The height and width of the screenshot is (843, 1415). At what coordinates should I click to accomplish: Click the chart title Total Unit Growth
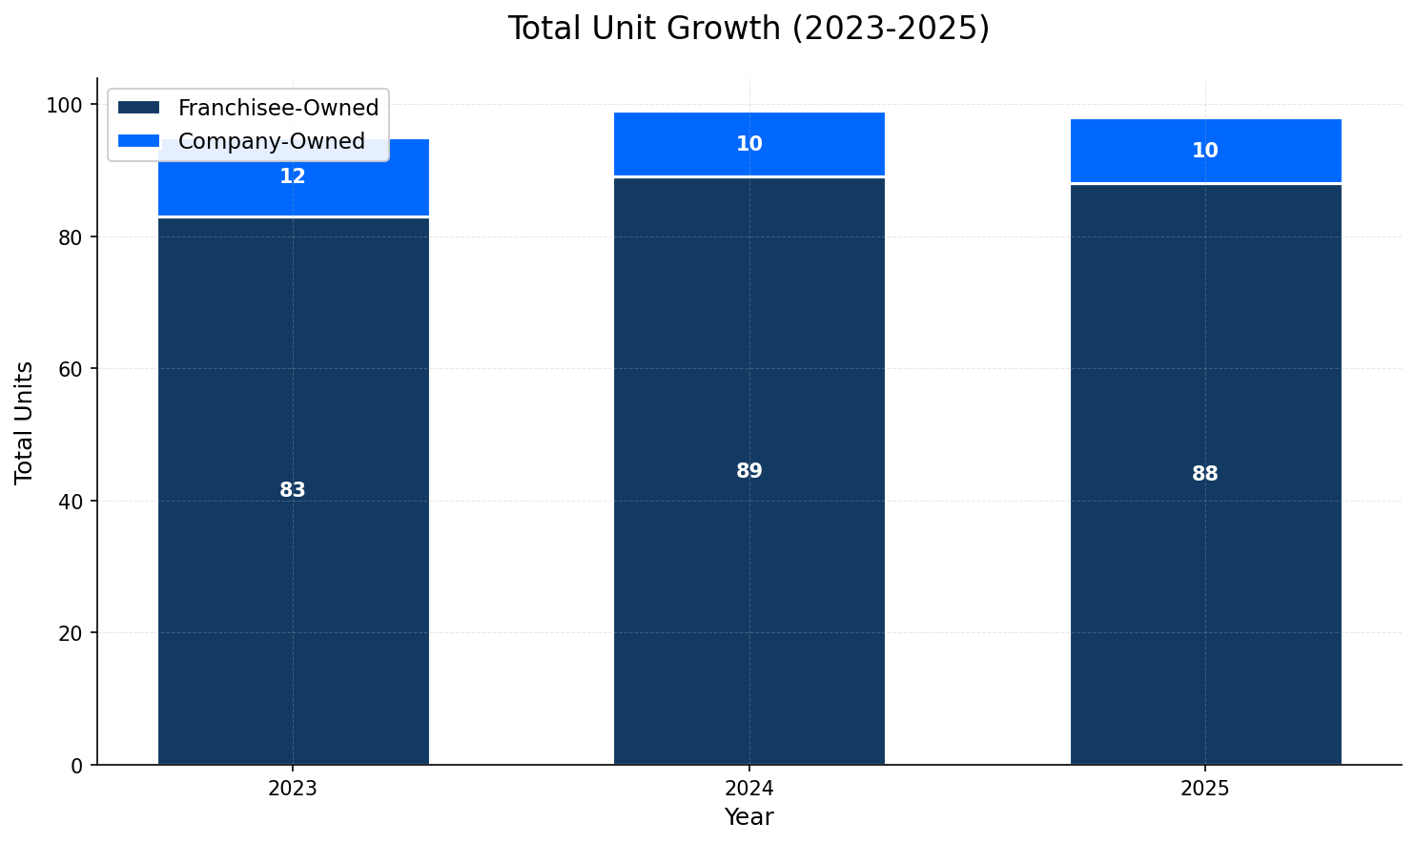pos(749,29)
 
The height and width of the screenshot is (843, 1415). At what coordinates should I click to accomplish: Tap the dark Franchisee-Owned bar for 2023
pos(293,572)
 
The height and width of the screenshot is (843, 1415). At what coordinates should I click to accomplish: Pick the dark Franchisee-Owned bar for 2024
pos(749,572)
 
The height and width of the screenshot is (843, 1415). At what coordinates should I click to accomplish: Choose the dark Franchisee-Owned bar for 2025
pos(1205,572)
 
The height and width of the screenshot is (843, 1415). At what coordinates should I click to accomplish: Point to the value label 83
pos(293,490)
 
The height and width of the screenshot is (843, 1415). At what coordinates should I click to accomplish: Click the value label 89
pos(749,471)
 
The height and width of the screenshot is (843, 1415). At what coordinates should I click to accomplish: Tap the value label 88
pos(1205,474)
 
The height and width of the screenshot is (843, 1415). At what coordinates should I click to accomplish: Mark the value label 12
pos(293,176)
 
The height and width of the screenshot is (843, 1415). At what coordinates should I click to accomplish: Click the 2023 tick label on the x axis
pos(293,789)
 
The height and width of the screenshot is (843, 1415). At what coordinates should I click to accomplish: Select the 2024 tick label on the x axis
pos(749,789)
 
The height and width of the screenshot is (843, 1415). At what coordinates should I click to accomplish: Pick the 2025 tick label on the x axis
pos(1205,789)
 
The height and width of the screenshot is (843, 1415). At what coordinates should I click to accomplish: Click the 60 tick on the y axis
pos(71,369)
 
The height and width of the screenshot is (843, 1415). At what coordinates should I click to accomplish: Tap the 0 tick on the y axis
pos(76,765)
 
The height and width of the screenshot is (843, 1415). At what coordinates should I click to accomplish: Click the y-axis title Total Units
pos(25,421)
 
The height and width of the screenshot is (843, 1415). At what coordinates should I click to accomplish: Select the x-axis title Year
pos(749,817)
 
